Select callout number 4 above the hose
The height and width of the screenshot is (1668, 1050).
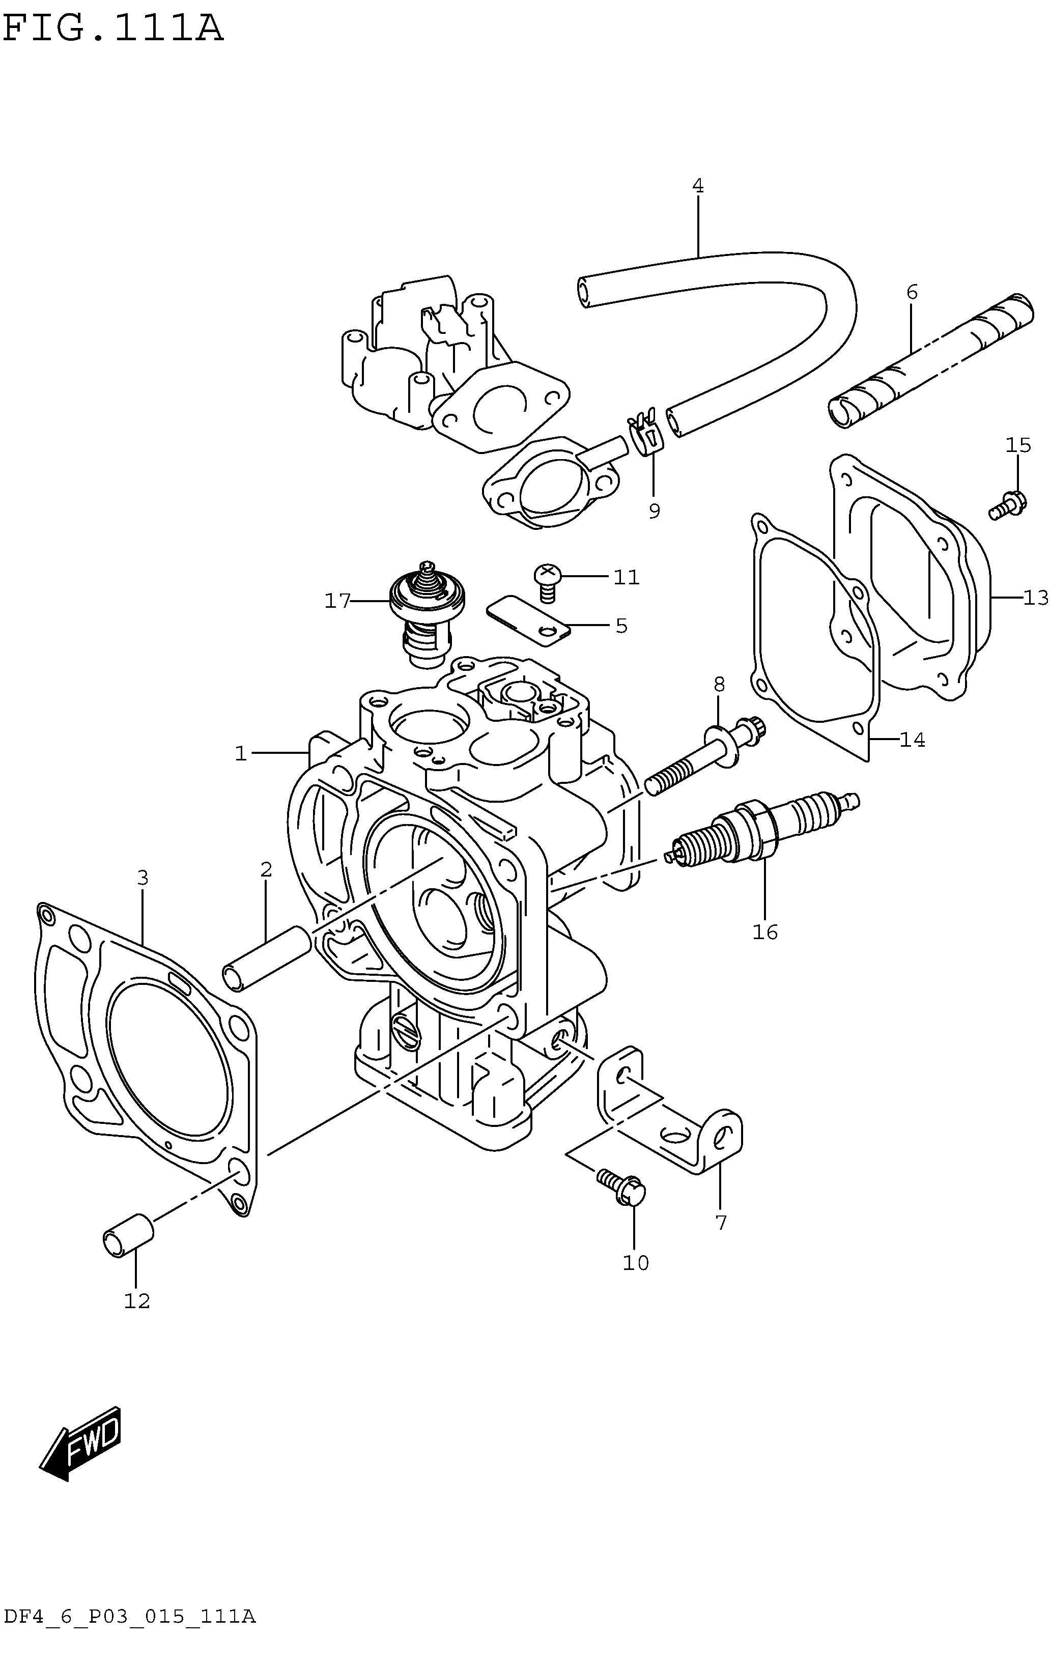pos(697,186)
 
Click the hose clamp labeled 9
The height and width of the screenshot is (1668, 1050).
pos(644,436)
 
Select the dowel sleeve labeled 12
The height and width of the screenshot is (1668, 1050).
pos(128,1234)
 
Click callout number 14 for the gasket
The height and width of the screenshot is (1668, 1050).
pos(912,741)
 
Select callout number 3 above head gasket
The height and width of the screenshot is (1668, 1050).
pos(143,879)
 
